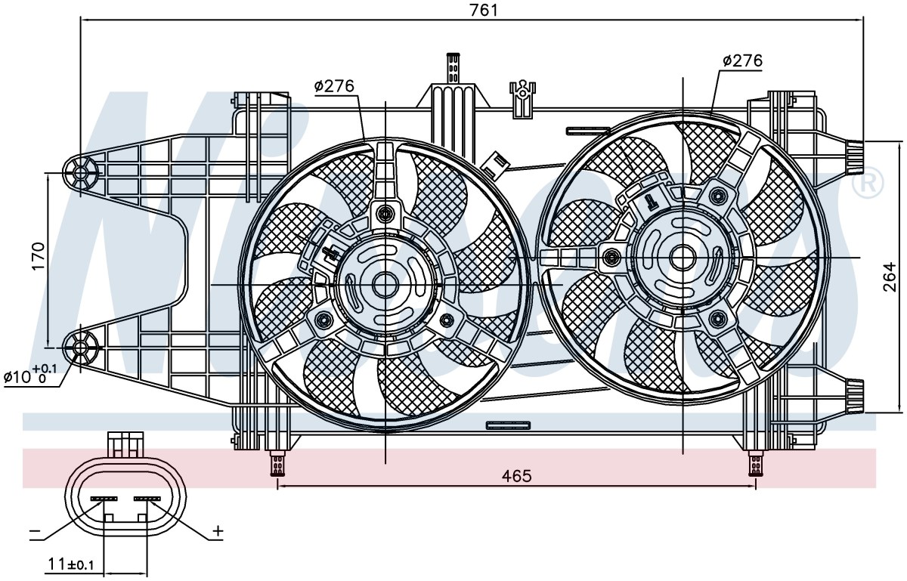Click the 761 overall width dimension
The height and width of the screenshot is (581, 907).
[484, 10]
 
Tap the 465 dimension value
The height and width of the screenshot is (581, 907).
[516, 476]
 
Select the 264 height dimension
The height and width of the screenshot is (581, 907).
[889, 277]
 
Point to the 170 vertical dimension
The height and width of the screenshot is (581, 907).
[38, 256]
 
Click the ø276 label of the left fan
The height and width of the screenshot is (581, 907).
[334, 86]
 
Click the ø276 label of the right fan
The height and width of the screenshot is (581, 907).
[742, 60]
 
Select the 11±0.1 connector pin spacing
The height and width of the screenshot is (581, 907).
[71, 563]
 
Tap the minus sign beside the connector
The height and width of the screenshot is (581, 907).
[36, 531]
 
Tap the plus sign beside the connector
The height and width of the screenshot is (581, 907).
[218, 530]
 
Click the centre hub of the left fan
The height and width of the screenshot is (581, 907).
[385, 285]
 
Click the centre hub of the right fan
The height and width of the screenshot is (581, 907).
[683, 258]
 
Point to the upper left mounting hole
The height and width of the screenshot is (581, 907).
[81, 173]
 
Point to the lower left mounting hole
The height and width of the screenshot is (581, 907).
[81, 348]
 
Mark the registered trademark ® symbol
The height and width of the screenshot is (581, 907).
[868, 184]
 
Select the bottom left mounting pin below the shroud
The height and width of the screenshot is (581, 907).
[277, 464]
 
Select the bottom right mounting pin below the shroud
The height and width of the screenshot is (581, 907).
[755, 464]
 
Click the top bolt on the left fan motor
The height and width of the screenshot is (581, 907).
[385, 212]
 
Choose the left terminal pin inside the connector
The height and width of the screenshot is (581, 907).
[104, 499]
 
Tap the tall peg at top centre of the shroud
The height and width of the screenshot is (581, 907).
[453, 67]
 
